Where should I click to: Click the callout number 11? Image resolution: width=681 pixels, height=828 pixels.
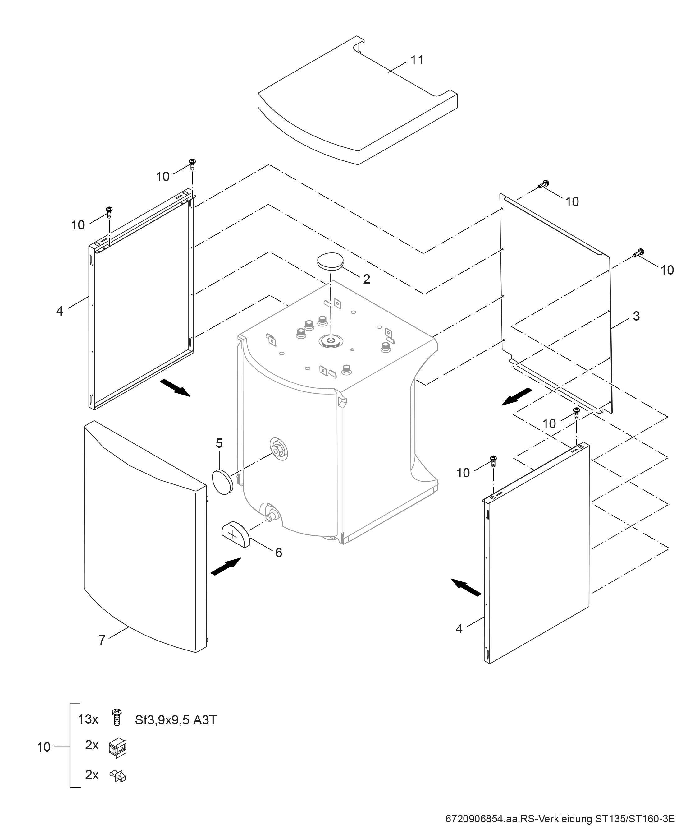(x=417, y=60)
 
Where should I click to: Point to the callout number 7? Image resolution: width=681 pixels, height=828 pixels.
(x=102, y=640)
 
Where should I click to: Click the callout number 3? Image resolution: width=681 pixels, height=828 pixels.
(x=636, y=316)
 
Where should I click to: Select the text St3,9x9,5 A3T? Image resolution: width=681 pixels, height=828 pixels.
(x=176, y=720)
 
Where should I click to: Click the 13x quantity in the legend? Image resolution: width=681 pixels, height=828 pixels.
(x=88, y=719)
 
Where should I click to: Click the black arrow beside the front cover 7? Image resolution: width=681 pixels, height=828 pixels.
(x=226, y=567)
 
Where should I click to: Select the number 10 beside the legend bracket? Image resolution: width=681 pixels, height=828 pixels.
(x=43, y=747)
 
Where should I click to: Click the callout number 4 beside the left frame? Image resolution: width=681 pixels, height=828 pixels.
(x=59, y=311)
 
